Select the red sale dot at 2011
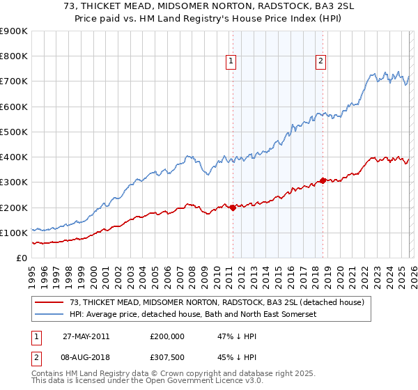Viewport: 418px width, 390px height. pyautogui.click(x=233, y=208)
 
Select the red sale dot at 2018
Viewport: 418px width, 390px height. pyautogui.click(x=322, y=180)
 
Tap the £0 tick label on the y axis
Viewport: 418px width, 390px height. pyautogui.click(x=22, y=258)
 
